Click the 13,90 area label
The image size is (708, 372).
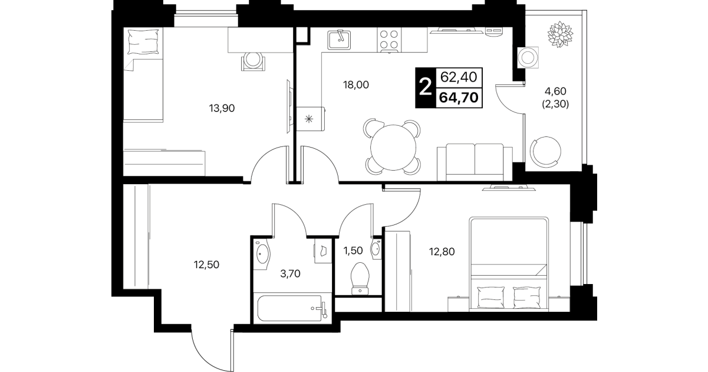[x=222, y=108]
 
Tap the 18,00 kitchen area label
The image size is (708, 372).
[x=356, y=85]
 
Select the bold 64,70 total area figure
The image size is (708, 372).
[x=459, y=98]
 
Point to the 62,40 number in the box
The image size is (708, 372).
[x=459, y=77]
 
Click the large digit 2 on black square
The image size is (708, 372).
[x=426, y=87]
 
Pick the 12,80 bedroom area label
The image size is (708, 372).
[x=442, y=252]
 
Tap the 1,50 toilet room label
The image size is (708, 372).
[x=353, y=251]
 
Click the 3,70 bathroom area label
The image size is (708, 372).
[x=290, y=273]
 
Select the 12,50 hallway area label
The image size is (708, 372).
[x=206, y=265]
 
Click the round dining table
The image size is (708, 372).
[x=393, y=148]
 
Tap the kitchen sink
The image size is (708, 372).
[x=339, y=40]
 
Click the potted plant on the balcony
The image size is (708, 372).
[x=560, y=34]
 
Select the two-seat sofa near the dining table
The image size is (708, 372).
[x=475, y=162]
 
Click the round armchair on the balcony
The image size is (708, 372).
[x=545, y=152]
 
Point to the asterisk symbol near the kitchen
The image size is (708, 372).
[x=309, y=119]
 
